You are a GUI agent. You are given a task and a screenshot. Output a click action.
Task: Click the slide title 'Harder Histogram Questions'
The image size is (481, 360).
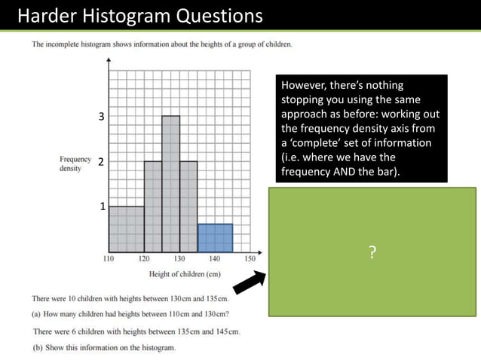point(139,15)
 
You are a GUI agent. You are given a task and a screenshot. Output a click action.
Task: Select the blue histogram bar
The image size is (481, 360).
point(215,238)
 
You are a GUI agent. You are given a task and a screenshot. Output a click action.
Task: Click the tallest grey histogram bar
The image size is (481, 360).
point(170,185)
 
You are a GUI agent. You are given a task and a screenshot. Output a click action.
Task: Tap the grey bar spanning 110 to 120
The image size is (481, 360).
point(126,229)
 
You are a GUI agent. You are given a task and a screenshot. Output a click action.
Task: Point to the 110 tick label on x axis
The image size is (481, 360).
point(109,258)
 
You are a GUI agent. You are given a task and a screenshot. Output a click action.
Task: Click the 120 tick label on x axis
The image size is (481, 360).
point(144,258)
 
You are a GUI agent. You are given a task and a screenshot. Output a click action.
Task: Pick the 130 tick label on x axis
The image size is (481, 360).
point(179,258)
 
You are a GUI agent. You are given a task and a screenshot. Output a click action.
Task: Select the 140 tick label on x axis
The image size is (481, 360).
point(215,258)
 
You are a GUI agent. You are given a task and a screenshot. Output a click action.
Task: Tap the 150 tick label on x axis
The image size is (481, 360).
point(250,258)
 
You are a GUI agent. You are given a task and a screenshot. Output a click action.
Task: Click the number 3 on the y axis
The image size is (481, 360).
point(102,117)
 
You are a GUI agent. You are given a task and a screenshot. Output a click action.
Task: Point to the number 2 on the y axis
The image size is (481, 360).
point(100,161)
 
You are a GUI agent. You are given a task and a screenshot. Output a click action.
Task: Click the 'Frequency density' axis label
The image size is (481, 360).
point(75,164)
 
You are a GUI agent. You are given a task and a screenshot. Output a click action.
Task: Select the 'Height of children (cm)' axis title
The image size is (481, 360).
point(185,274)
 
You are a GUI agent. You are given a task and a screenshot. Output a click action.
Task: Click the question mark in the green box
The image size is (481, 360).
point(372,253)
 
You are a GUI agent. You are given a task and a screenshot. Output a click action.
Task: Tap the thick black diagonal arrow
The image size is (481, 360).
point(249,281)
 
